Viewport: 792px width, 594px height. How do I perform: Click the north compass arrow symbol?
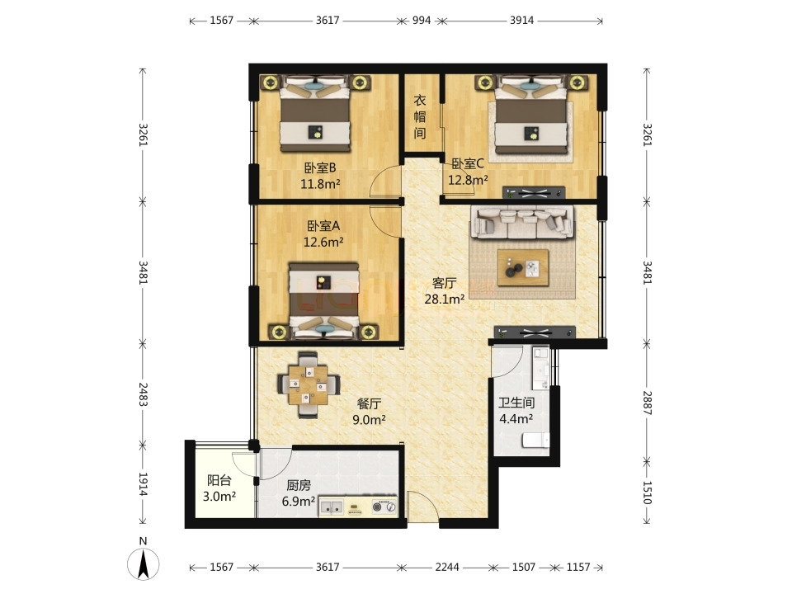point(144,563)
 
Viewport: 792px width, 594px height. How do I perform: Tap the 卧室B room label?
point(320,167)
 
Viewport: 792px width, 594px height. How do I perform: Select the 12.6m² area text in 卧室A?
point(323,242)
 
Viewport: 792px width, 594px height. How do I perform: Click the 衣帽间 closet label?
point(420,116)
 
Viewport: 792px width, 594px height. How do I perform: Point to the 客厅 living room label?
point(445,283)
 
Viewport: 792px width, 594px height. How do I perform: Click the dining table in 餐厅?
point(309,385)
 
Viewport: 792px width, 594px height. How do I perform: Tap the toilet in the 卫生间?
point(535,441)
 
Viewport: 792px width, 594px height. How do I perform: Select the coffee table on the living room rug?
point(523,267)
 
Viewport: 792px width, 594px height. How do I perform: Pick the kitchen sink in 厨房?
point(332,507)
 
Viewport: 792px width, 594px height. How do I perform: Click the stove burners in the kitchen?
point(384,507)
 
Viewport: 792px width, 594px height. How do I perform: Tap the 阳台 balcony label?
point(219,480)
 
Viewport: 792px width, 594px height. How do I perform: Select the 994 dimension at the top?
point(422,20)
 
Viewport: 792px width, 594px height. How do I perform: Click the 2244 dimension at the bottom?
point(447,568)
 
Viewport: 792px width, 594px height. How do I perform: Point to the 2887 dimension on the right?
point(647,403)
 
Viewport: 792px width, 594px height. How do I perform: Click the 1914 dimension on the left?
point(143,484)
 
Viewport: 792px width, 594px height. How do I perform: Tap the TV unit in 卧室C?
point(534,192)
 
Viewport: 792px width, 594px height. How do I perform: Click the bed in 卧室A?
point(324,300)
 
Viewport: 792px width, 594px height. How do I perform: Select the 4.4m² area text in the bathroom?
point(516,419)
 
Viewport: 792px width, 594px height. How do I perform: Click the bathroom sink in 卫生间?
point(540,367)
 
